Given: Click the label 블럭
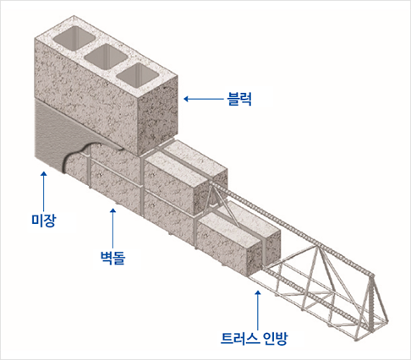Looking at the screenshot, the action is point(239,99).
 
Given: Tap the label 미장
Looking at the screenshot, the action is point(44,221).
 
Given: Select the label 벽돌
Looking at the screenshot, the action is point(112,258).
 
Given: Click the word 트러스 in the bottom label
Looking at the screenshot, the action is point(239,338).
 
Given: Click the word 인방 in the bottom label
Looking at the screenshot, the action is point(275,338).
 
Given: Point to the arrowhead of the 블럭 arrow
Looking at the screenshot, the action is point(186,99).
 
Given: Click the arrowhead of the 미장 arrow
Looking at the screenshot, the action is point(43,173).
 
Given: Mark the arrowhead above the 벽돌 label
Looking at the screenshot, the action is point(113,210).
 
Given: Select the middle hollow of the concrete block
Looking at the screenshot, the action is point(107,57).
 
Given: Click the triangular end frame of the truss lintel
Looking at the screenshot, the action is point(376,306).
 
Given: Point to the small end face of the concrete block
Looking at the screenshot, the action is point(158,116).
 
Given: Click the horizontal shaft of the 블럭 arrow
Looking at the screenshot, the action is point(206,99).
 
